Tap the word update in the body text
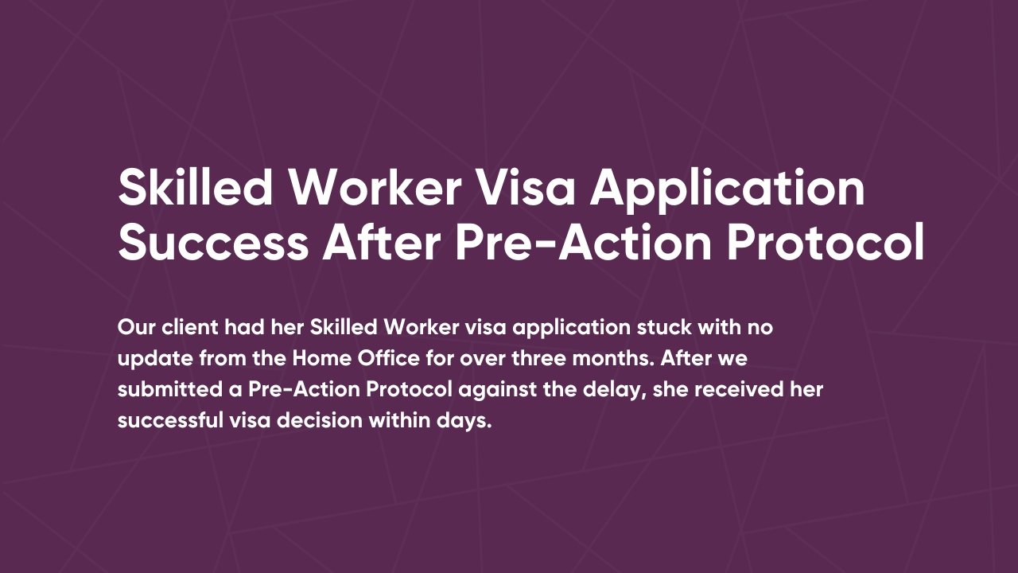(154, 358)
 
